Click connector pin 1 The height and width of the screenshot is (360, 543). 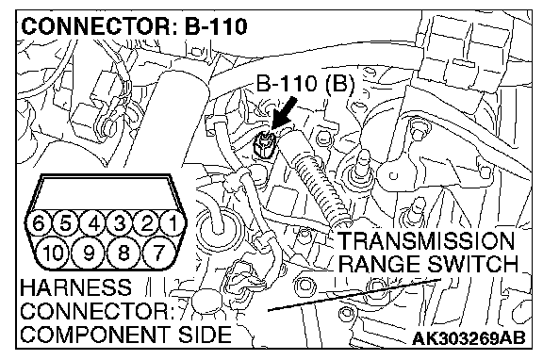(x=173, y=223)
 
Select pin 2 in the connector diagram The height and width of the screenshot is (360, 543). (x=146, y=223)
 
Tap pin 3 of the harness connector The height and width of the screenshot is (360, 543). (x=120, y=223)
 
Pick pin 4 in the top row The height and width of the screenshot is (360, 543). (x=92, y=223)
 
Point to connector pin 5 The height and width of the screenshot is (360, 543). (x=65, y=223)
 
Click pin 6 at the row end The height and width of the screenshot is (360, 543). (x=38, y=223)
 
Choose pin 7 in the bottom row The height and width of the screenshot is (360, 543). (x=158, y=253)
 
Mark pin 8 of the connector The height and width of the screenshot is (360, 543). (x=123, y=253)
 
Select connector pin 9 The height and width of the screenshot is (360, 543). (x=89, y=253)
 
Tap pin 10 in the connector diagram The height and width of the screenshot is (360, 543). (x=53, y=253)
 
